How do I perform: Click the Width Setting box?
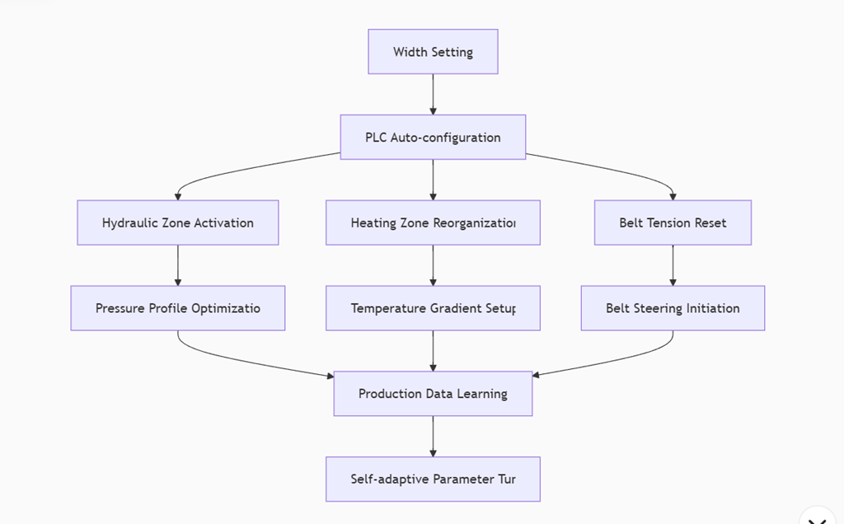[x=433, y=52]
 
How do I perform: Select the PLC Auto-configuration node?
[x=433, y=138]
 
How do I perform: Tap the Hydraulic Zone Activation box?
[x=178, y=222]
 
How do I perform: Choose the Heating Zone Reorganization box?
[x=433, y=222]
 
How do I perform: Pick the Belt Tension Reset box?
[x=673, y=222]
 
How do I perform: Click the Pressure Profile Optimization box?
[x=178, y=308]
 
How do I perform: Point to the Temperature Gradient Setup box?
[x=433, y=308]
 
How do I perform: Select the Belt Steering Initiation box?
[x=673, y=308]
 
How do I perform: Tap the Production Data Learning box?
[x=433, y=394]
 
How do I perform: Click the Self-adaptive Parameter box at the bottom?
[x=433, y=480]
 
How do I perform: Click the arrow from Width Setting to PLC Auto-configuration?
[x=433, y=95]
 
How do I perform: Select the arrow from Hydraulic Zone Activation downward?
[x=178, y=265]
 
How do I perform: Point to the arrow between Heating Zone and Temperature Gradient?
[x=433, y=265]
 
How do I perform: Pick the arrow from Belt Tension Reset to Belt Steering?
[x=673, y=265]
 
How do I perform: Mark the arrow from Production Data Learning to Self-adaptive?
[x=433, y=437]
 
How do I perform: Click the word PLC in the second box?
[x=376, y=138]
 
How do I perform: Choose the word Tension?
[x=668, y=222]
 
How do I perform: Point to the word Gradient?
[x=458, y=308]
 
